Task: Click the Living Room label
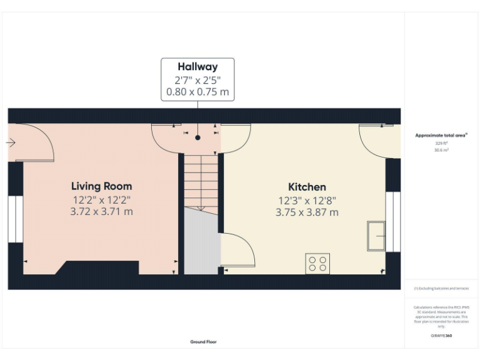pos(101,186)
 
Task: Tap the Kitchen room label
pos(307,187)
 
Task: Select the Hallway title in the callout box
pos(197,67)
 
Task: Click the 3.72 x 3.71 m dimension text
pos(101,212)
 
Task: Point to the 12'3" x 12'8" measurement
pos(307,201)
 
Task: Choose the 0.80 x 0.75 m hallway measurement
pos(197,92)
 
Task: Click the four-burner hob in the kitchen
pos(317,263)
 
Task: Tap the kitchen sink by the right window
pos(377,235)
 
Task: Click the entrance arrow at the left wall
pos(11,143)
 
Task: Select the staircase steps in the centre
pos(200,181)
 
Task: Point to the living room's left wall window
pos(15,219)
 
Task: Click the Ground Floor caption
pos(204,342)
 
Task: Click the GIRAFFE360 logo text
pos(441,336)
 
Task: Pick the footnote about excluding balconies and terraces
pos(441,288)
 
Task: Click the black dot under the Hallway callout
pos(197,136)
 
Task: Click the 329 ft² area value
pos(442,143)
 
